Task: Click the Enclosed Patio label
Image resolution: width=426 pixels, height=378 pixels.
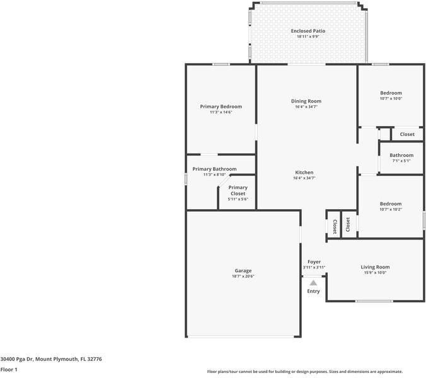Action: tap(308, 31)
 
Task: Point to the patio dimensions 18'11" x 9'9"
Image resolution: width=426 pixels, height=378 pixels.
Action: tap(308, 37)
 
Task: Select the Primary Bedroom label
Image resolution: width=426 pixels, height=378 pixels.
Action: tap(221, 106)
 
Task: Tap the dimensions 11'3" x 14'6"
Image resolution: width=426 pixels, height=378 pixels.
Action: tap(221, 112)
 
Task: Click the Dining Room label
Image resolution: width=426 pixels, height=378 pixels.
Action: tap(306, 101)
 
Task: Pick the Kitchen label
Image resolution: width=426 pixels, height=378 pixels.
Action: tap(304, 172)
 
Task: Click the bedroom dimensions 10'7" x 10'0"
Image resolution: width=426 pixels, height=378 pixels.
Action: tap(391, 98)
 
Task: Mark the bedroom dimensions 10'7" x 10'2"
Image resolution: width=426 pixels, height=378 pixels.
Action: tap(391, 209)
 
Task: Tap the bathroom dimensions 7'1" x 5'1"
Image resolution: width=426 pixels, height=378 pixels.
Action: tap(401, 161)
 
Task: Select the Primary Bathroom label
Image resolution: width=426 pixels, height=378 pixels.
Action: tap(214, 169)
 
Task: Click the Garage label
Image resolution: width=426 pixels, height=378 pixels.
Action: tap(243, 270)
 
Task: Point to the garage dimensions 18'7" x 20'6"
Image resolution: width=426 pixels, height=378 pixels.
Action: tap(243, 276)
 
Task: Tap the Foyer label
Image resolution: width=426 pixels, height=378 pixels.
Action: tap(314, 261)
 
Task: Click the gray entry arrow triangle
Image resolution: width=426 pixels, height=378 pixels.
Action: tap(313, 283)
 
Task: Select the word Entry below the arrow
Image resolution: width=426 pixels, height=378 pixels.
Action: tap(313, 291)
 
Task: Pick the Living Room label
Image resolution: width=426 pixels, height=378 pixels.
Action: tap(375, 266)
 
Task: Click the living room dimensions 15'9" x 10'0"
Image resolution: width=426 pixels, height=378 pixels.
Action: tap(375, 273)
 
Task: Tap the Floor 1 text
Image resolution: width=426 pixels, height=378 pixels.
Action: tap(9, 369)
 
